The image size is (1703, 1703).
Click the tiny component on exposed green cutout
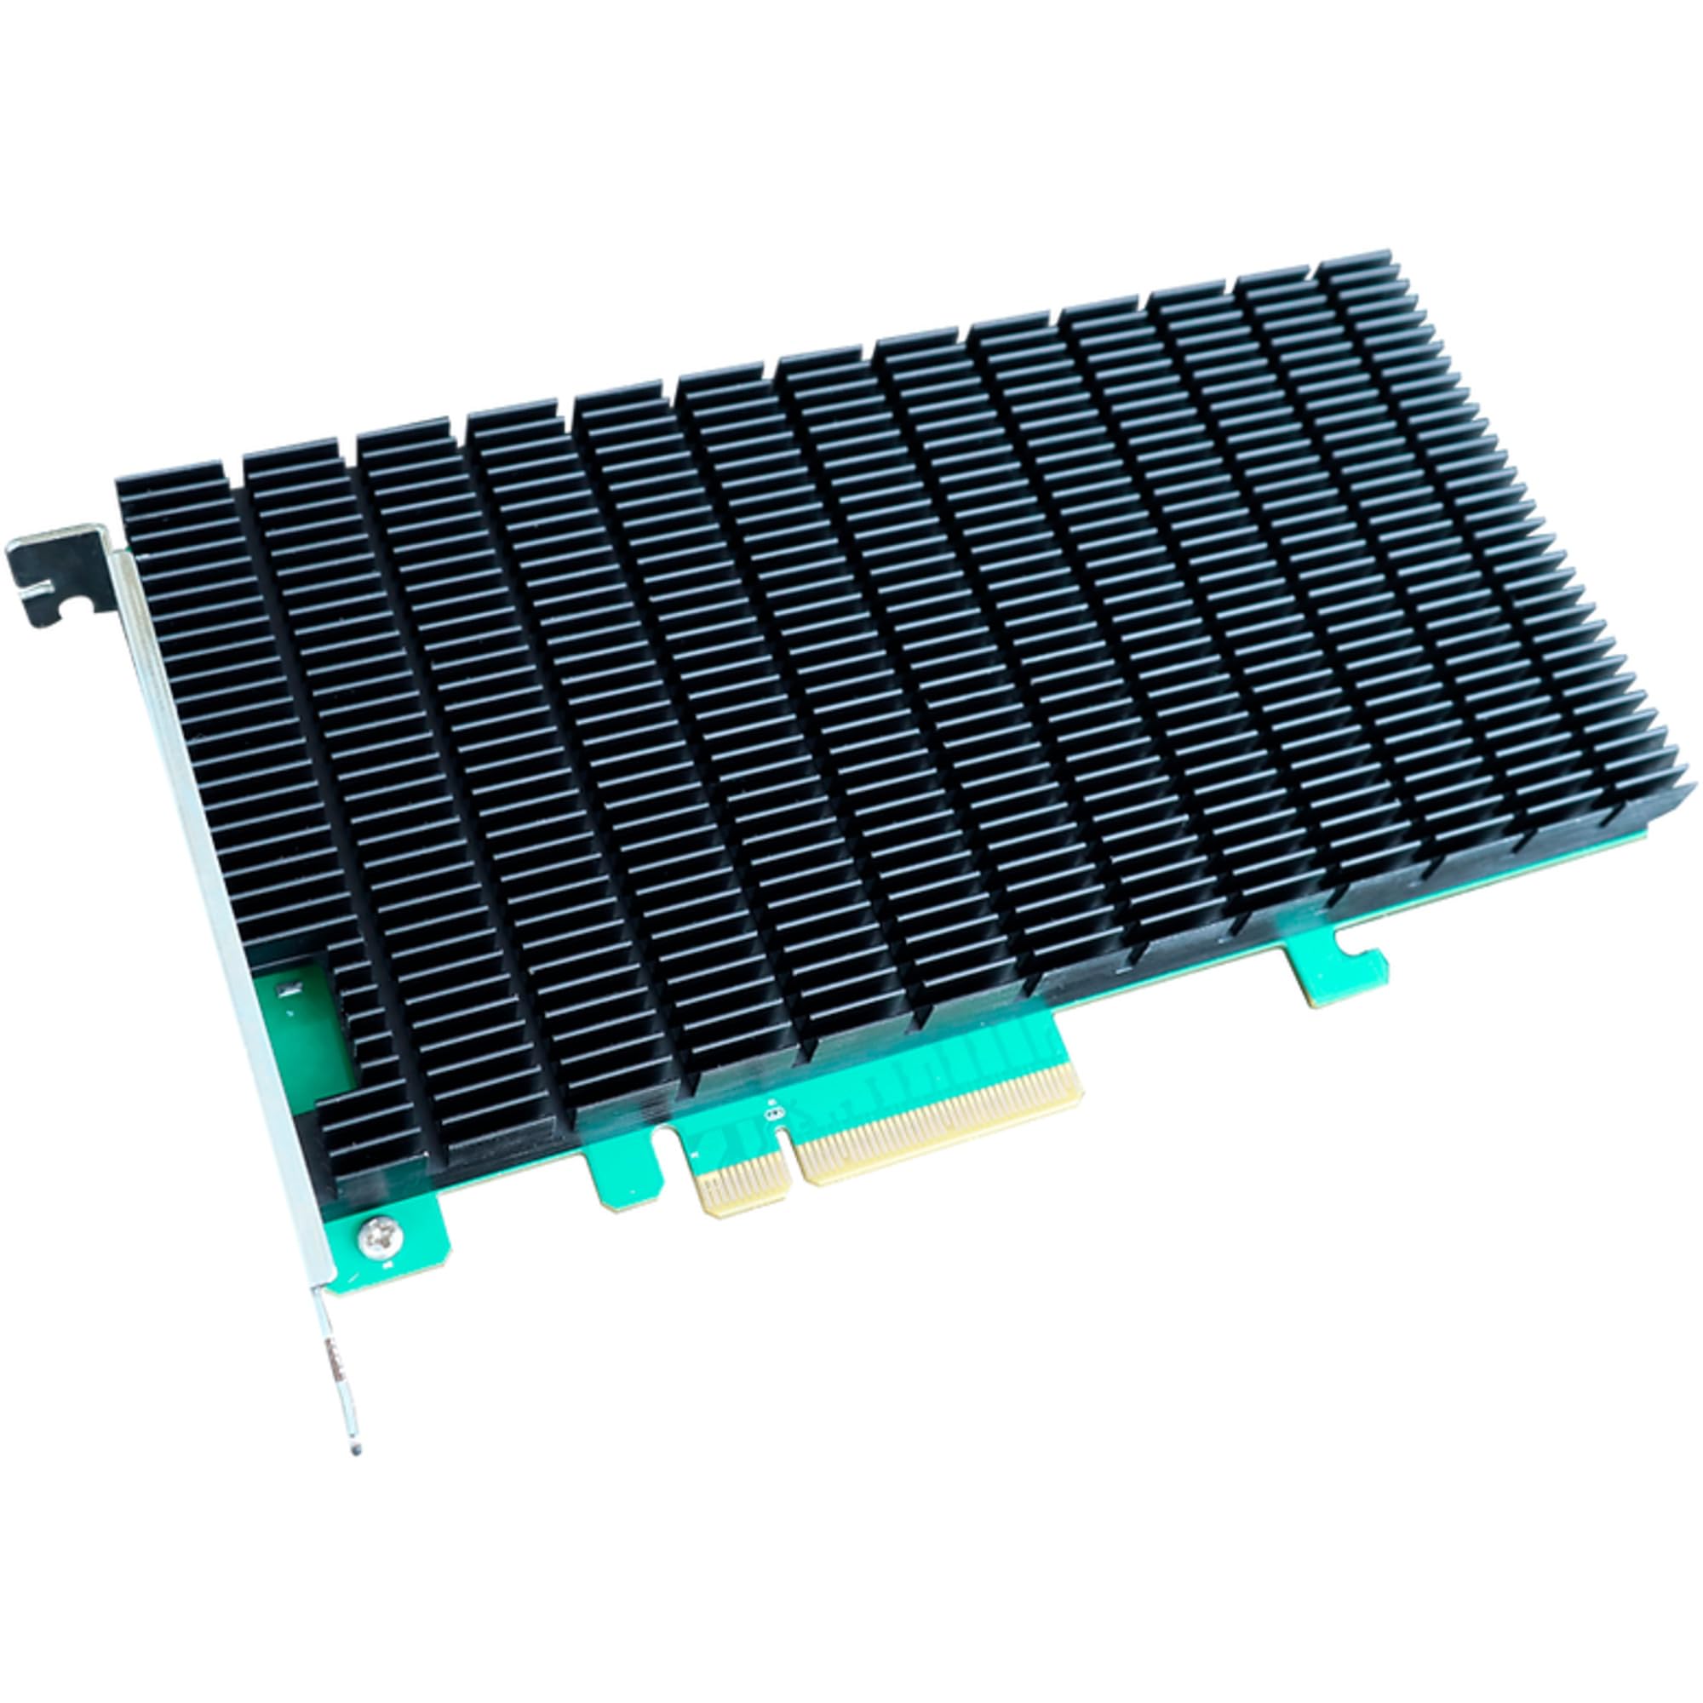(284, 991)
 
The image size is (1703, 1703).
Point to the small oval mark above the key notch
(776, 1112)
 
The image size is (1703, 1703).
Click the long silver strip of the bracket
(221, 881)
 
